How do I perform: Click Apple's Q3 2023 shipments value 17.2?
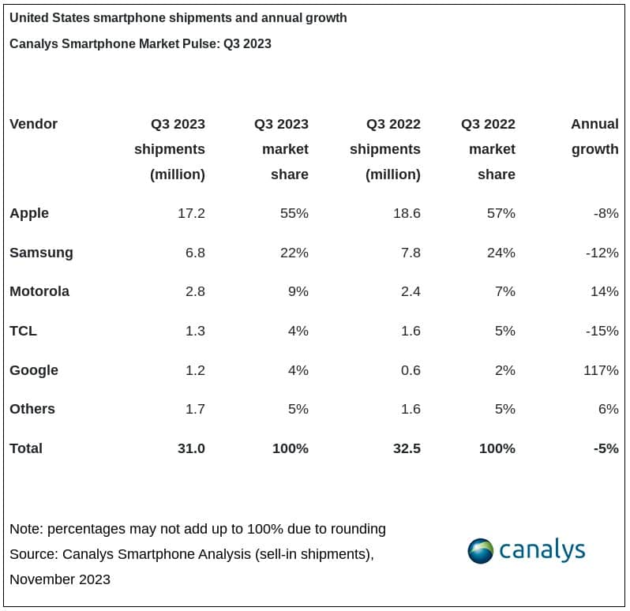pyautogui.click(x=191, y=213)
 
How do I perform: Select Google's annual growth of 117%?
pyautogui.click(x=603, y=370)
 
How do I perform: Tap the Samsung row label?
pyautogui.click(x=41, y=253)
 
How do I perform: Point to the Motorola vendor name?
pyautogui.click(x=39, y=291)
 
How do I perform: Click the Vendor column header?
pyautogui.click(x=33, y=124)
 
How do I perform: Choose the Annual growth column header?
pyautogui.click(x=594, y=137)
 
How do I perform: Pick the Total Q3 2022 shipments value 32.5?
pyautogui.click(x=406, y=448)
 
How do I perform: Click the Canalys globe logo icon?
pyautogui.click(x=481, y=550)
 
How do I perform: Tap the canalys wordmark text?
pyautogui.click(x=542, y=549)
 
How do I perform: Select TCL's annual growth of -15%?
pyautogui.click(x=602, y=331)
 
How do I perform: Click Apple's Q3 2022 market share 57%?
pyautogui.click(x=501, y=213)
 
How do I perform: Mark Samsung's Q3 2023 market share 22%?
pyautogui.click(x=294, y=253)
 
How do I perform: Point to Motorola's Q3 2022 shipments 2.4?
pyautogui.click(x=410, y=291)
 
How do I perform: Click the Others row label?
pyautogui.click(x=32, y=409)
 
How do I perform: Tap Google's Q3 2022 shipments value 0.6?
pyautogui.click(x=410, y=370)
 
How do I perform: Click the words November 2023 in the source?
pyautogui.click(x=60, y=579)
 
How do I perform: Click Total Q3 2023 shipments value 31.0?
pyautogui.click(x=191, y=448)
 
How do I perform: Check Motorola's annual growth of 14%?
pyautogui.click(x=604, y=291)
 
